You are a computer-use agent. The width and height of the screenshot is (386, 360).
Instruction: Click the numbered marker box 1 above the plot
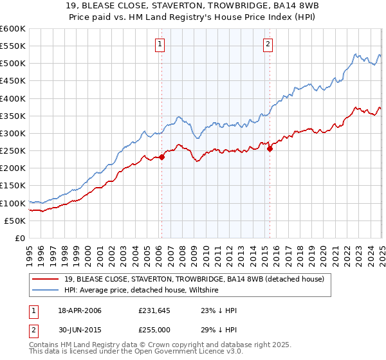point(159,44)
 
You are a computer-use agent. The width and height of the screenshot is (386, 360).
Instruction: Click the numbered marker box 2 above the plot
point(268,44)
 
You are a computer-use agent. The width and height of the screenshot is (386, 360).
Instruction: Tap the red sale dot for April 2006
point(162,157)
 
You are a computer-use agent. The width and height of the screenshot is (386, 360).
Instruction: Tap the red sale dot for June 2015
point(270,148)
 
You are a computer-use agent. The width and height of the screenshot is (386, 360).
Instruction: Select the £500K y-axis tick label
point(13,63)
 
